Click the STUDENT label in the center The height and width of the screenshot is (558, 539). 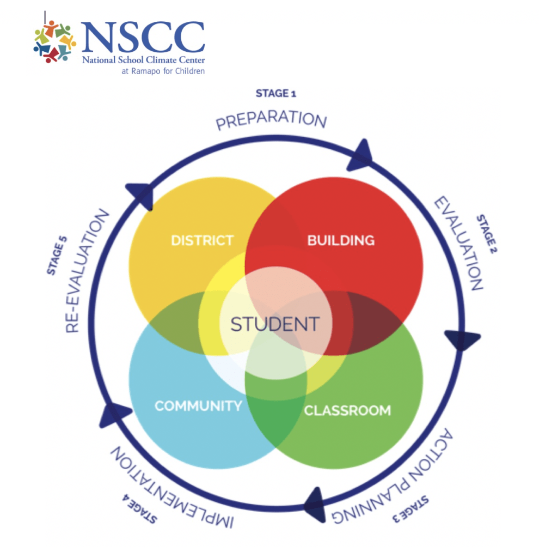point(274,324)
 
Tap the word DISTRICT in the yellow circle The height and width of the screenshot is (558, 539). point(202,240)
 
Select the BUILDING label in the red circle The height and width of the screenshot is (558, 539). point(341,240)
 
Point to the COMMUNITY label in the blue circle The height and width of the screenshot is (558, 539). point(198,405)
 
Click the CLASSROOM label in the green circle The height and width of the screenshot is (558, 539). point(347,410)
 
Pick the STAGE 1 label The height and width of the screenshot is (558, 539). point(275,94)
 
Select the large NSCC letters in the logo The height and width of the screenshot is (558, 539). point(143,38)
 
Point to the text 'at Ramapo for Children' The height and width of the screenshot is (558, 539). point(163,70)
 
